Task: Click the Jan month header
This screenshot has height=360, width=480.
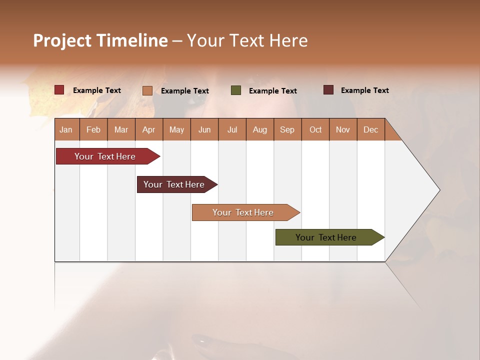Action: tap(66, 129)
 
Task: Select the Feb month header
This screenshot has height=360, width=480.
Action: tap(93, 129)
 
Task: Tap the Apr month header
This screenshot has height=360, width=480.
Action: tap(148, 129)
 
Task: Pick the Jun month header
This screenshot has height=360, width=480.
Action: tap(204, 129)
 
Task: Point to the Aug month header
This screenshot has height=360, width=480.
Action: tap(259, 129)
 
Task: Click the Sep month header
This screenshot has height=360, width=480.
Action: tap(287, 129)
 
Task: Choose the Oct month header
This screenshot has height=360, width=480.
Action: tap(315, 129)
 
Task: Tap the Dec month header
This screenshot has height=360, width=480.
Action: tap(370, 129)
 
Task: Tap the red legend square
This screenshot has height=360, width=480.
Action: tap(59, 90)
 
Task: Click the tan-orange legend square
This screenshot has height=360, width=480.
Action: tap(147, 90)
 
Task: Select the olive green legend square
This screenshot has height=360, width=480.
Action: tap(236, 90)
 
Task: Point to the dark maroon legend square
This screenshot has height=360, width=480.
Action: tap(328, 90)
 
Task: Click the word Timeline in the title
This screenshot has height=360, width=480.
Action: tap(131, 40)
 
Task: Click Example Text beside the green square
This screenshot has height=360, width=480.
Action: tap(272, 91)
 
